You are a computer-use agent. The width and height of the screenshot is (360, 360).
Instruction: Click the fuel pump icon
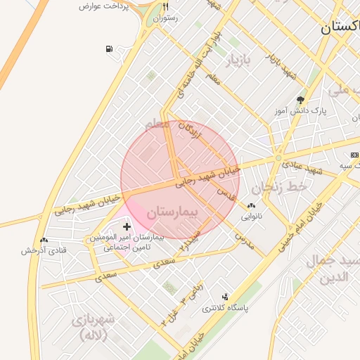109,49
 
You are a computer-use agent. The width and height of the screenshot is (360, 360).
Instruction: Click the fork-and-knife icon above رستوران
166,6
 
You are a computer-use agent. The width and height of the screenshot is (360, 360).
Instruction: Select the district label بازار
237,60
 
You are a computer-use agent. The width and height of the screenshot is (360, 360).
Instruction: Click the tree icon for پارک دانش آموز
301,100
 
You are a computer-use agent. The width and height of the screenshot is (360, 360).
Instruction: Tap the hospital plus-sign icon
127,226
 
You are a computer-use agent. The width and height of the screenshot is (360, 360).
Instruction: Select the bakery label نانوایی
251,217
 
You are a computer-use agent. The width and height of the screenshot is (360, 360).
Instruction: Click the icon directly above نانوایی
251,206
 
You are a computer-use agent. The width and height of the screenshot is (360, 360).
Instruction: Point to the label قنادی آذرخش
44,250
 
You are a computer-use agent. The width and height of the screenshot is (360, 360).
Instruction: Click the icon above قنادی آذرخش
44,240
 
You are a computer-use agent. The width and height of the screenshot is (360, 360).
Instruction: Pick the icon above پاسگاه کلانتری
225,297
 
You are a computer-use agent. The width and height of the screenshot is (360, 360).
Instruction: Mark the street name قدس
226,191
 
